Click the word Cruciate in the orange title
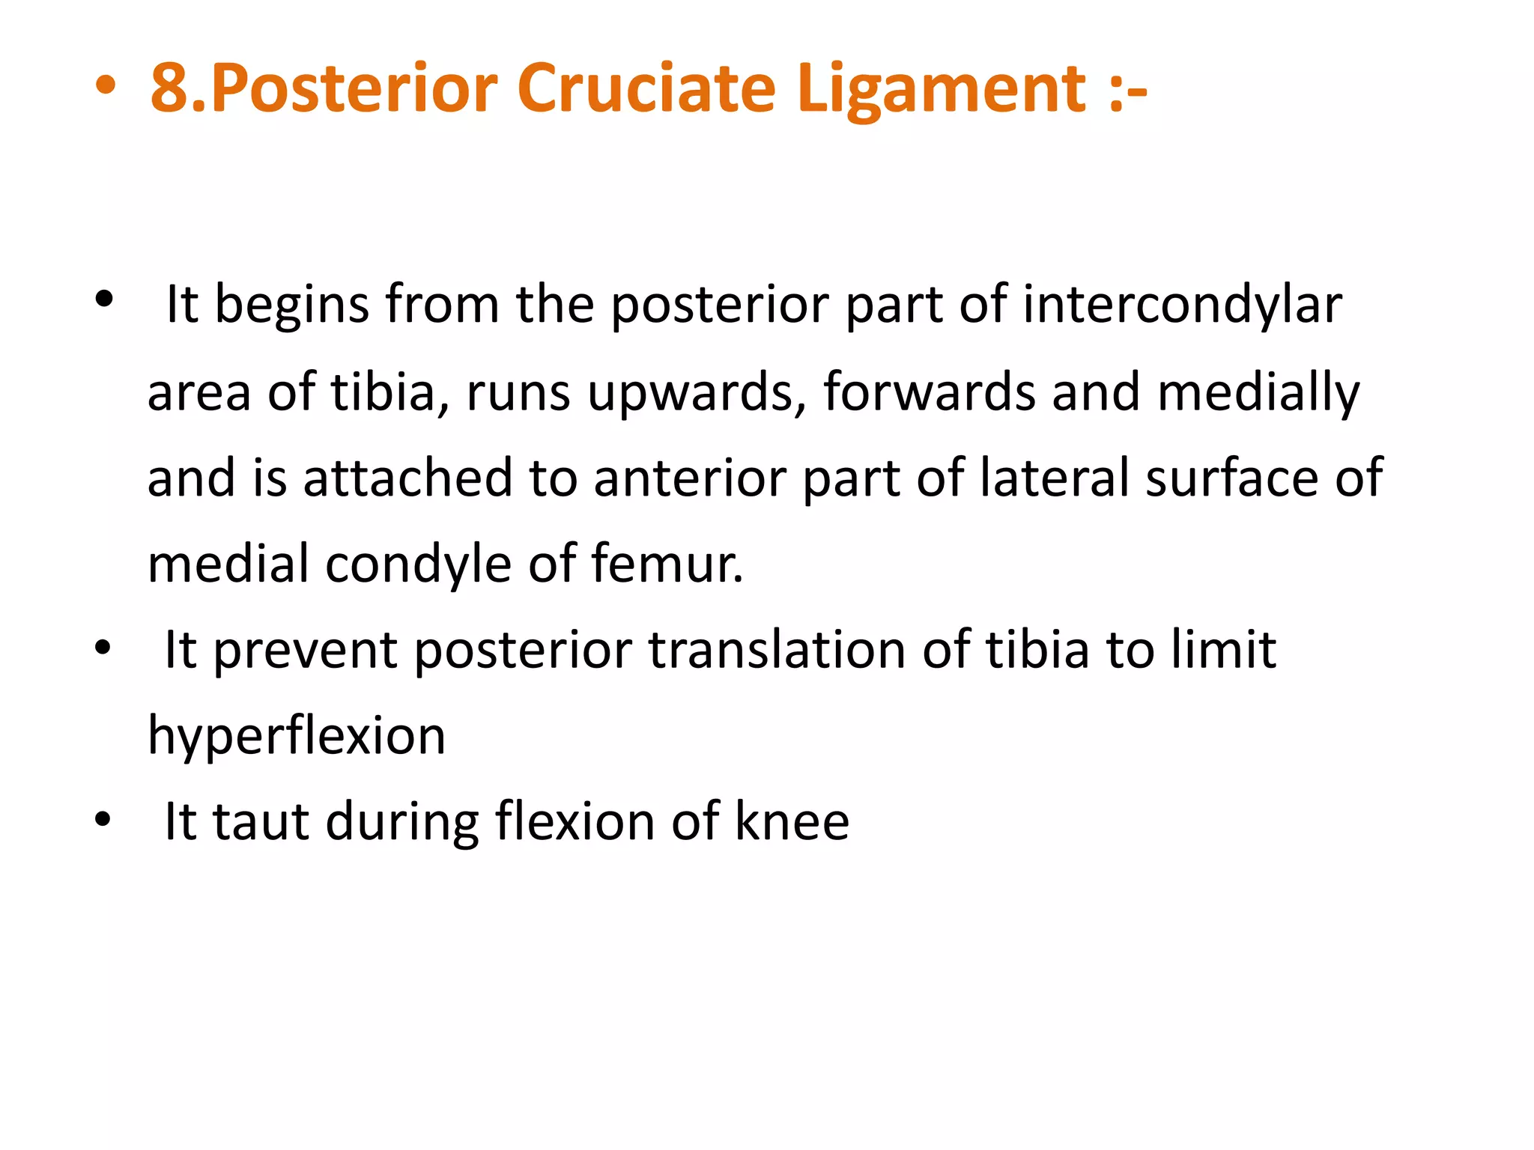click(x=646, y=89)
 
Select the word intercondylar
click(x=1182, y=306)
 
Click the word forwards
click(x=930, y=392)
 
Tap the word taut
click(x=261, y=822)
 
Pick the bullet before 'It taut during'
click(x=103, y=820)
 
